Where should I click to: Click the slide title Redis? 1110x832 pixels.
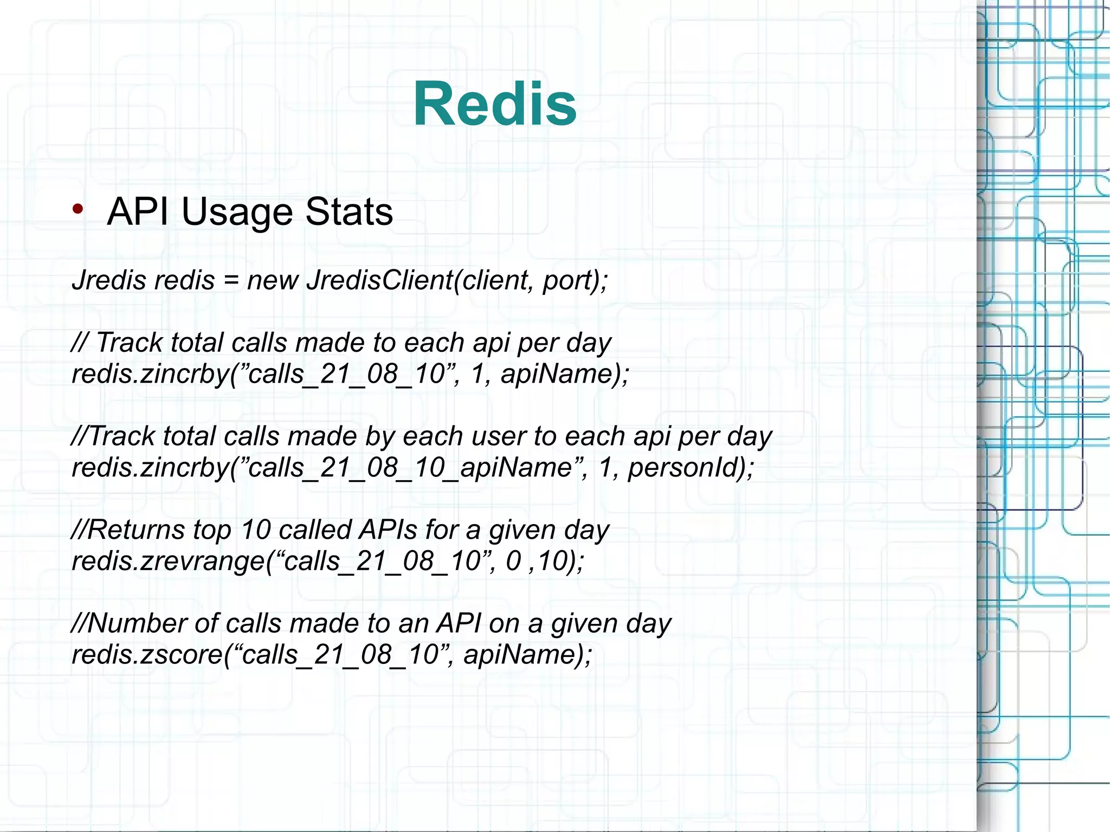pyautogui.click(x=494, y=104)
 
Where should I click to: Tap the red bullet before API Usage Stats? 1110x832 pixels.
pyautogui.click(x=78, y=209)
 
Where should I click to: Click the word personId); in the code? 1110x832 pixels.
pyautogui.click(x=690, y=468)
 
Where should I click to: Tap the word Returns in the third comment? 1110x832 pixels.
pyautogui.click(x=135, y=530)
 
